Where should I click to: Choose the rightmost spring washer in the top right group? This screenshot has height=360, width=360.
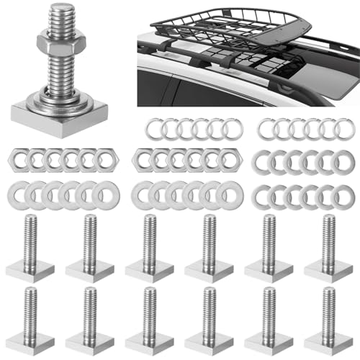(x=347, y=130)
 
